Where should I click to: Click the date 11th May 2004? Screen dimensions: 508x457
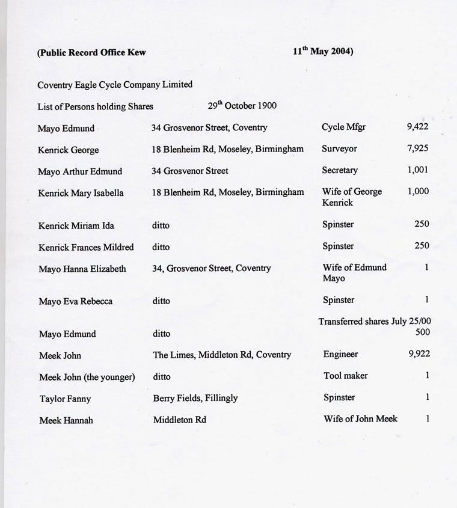pos(323,51)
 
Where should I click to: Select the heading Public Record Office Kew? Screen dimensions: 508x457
pos(91,52)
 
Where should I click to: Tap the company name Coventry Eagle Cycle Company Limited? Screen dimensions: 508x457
pos(115,85)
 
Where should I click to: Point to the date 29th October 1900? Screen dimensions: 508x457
pos(242,106)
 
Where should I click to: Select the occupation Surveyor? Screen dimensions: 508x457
pos(339,148)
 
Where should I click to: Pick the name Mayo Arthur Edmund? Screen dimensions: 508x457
pos(80,171)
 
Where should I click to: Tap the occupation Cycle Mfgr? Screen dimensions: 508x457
pos(345,127)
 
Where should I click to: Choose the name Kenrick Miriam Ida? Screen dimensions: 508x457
pos(76,225)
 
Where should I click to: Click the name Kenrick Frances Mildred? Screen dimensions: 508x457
pos(86,247)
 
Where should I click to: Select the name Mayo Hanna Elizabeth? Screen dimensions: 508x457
pos(82,269)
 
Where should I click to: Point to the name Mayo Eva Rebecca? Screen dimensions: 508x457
pos(75,301)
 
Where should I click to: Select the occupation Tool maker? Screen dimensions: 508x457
pos(345,376)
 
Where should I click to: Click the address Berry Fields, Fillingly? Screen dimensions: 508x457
pos(195,398)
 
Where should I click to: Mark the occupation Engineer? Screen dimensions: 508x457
pos(340,354)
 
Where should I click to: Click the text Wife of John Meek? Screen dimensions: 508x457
pos(360,419)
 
